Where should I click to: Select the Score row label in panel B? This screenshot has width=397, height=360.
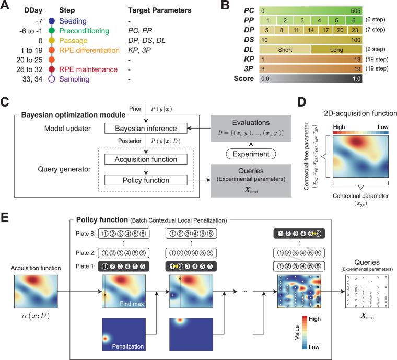click(242, 79)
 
